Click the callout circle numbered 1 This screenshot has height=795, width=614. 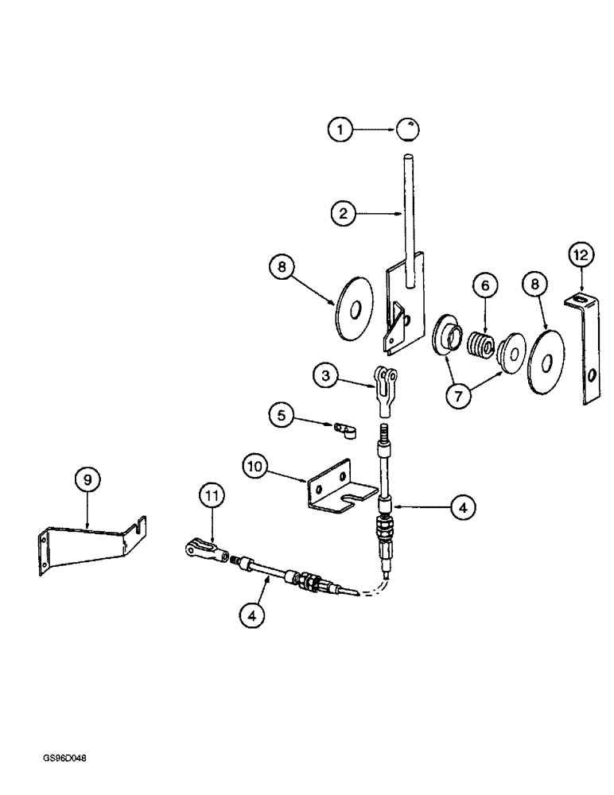coord(340,130)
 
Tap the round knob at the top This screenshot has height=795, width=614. coord(409,130)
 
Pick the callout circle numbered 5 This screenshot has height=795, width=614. coord(279,414)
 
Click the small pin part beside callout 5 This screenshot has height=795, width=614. coord(343,430)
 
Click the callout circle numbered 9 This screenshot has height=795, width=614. coord(87,479)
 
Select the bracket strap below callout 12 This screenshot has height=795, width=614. coord(587,348)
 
